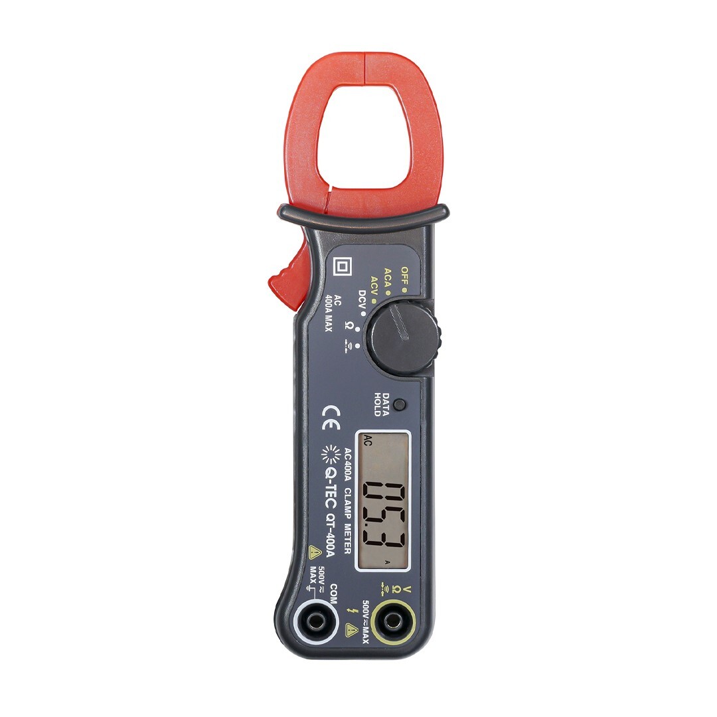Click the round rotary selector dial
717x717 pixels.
coord(405,337)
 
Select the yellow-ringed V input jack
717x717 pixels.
coord(393,621)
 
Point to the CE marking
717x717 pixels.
coord(329,418)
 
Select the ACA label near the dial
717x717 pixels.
coord(388,278)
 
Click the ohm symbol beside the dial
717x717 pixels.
coord(349,325)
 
